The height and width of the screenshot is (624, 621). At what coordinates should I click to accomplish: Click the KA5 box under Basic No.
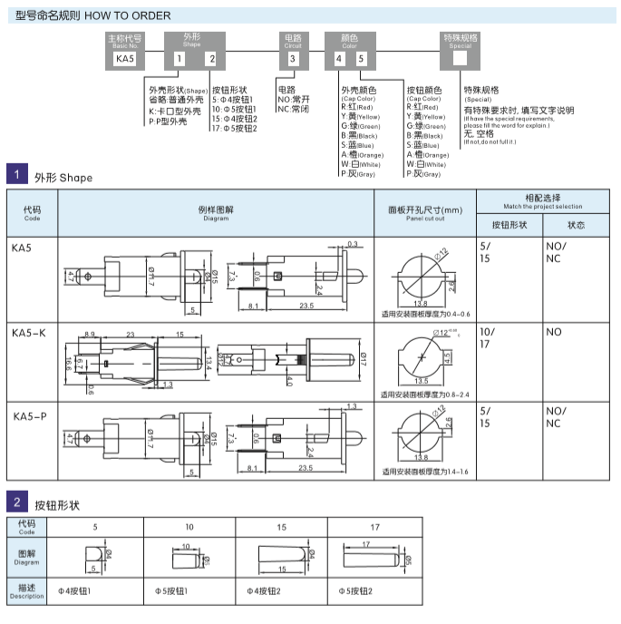click(125, 58)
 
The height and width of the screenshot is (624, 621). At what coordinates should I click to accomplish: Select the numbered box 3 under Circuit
click(292, 58)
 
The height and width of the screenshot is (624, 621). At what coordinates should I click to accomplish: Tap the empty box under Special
click(460, 58)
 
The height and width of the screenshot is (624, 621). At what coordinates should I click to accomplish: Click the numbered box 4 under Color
click(339, 58)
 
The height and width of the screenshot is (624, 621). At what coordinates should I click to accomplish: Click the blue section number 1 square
click(16, 175)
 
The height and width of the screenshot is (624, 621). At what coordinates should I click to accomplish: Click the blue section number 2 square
click(16, 501)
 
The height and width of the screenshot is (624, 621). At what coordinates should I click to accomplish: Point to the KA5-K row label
click(29, 334)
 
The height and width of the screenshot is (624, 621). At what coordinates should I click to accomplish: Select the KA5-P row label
click(29, 416)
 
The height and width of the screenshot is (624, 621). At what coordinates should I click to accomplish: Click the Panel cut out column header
click(424, 212)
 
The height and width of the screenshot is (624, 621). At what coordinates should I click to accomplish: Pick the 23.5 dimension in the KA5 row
click(306, 307)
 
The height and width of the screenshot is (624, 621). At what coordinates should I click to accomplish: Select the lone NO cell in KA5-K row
click(554, 333)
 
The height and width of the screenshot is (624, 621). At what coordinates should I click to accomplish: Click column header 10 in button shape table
click(189, 526)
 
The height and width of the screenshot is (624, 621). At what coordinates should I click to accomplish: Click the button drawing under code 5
click(94, 555)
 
